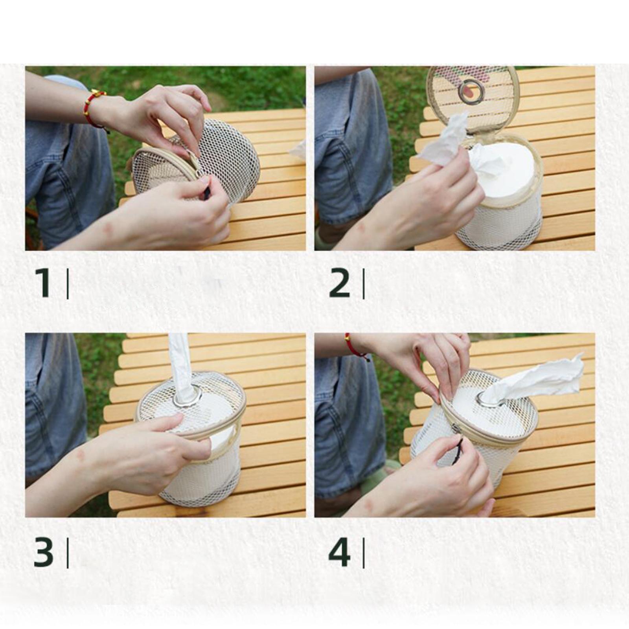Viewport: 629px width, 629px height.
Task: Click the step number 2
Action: point(339,283)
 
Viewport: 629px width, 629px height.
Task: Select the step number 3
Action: point(43,552)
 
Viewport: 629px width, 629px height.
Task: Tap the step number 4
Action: point(339,552)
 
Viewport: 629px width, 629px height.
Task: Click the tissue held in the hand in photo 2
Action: point(445,140)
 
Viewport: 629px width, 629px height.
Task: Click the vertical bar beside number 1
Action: point(68,283)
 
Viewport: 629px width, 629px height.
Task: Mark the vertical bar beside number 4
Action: point(363,553)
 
